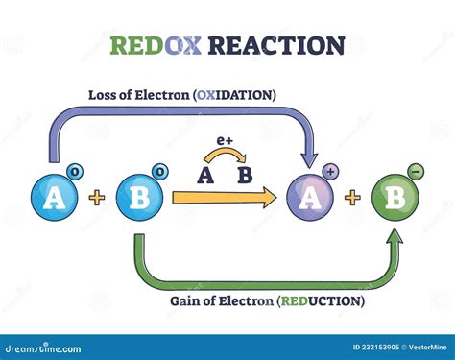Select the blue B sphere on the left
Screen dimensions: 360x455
point(138,199)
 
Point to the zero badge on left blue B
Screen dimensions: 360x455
point(159,173)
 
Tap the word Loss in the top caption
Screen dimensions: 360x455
point(105,95)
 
